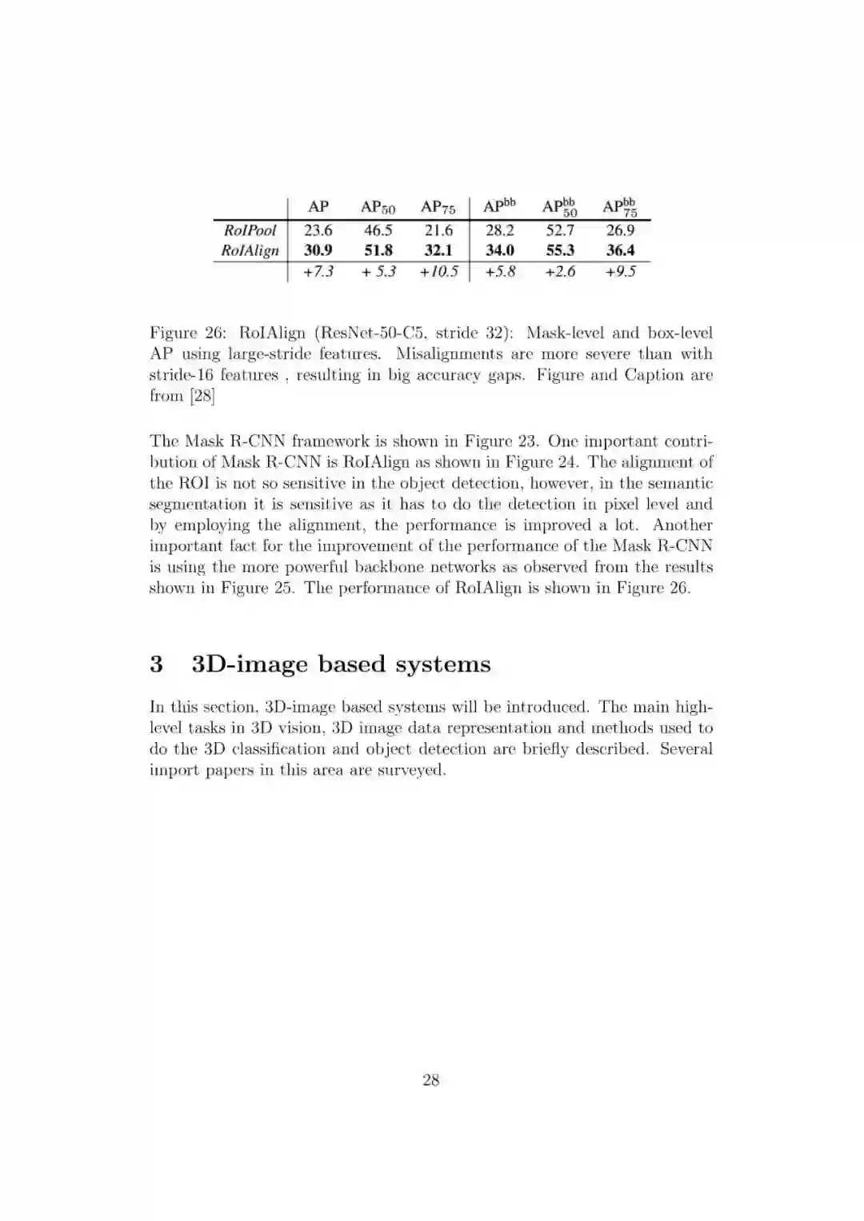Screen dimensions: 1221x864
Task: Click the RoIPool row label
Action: pos(250,230)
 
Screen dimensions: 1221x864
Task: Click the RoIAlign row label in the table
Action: pos(250,250)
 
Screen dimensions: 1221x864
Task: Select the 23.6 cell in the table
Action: pos(318,230)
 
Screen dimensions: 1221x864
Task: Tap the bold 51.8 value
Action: pos(378,250)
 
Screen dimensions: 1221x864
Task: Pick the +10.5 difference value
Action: pos(438,271)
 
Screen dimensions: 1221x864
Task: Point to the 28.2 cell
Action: pos(500,230)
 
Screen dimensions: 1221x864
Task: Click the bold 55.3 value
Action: pos(560,250)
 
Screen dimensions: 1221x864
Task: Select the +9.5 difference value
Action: pos(621,271)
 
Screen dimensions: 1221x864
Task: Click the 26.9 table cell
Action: pos(621,230)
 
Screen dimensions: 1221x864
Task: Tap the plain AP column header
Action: pos(318,206)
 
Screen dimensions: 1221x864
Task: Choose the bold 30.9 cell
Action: pos(318,250)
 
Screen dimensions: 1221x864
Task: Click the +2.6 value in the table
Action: pos(560,271)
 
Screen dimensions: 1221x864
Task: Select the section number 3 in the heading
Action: pos(156,664)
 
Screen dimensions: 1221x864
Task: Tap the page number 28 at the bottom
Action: pos(431,1080)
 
